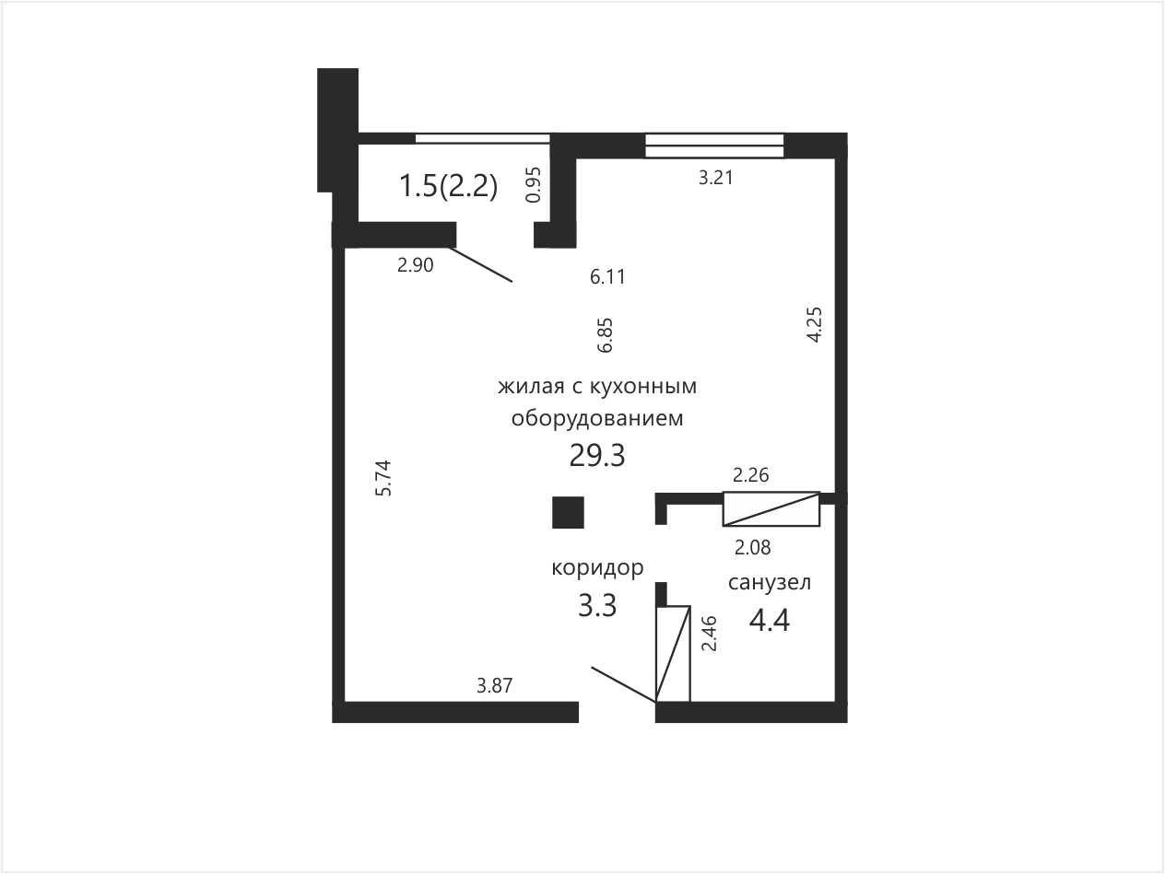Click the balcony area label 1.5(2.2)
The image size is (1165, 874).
pyautogui.click(x=449, y=187)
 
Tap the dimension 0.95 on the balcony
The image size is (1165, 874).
pyautogui.click(x=533, y=184)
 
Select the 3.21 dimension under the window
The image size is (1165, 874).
pyautogui.click(x=715, y=178)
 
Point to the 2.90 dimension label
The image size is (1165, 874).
pyautogui.click(x=416, y=264)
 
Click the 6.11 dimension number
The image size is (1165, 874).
pyautogui.click(x=607, y=277)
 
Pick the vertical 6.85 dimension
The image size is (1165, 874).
pyautogui.click(x=605, y=335)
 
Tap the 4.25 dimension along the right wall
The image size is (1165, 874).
pyautogui.click(x=814, y=324)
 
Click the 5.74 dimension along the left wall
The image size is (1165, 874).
pyautogui.click(x=383, y=478)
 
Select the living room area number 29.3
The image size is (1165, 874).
pyautogui.click(x=597, y=456)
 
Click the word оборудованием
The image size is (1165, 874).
pyautogui.click(x=597, y=418)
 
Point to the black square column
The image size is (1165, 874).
pyautogui.click(x=568, y=512)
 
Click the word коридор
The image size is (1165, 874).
pyautogui.click(x=597, y=568)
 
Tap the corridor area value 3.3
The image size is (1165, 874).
pyautogui.click(x=597, y=606)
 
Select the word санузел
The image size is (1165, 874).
pyautogui.click(x=770, y=583)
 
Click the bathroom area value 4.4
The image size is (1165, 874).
pyautogui.click(x=769, y=621)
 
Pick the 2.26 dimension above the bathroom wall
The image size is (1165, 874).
pyautogui.click(x=750, y=475)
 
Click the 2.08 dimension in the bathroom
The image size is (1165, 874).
pyautogui.click(x=753, y=547)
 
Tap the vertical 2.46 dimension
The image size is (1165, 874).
pyautogui.click(x=710, y=634)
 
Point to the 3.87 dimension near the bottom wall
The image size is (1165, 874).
pyautogui.click(x=495, y=686)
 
